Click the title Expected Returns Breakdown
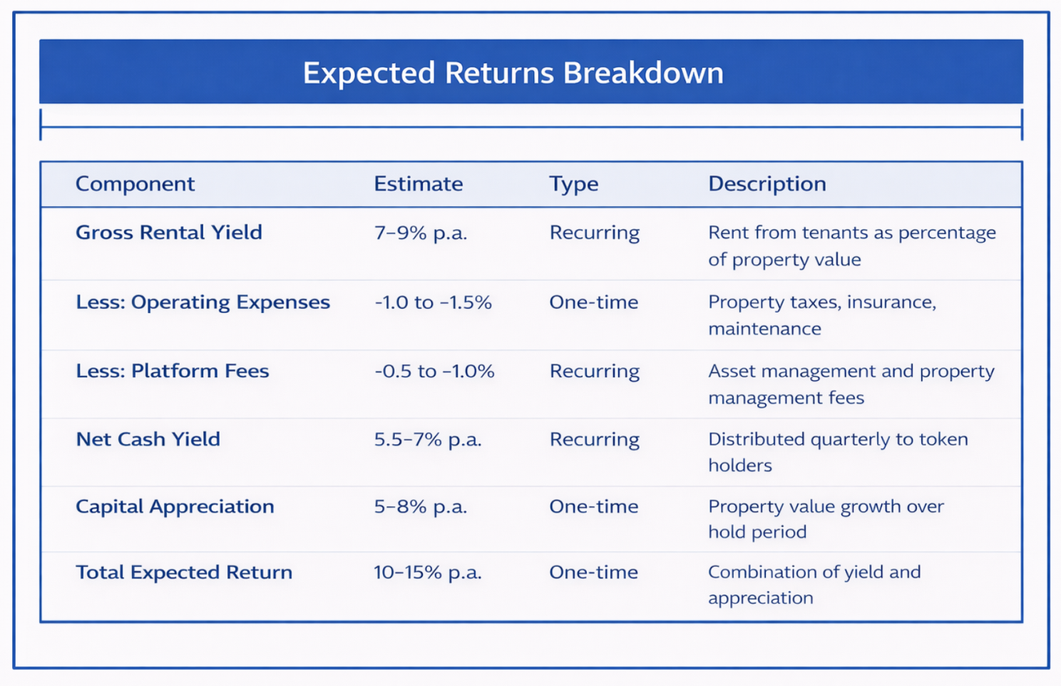click(x=513, y=73)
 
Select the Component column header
click(x=135, y=184)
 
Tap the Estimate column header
click(x=418, y=184)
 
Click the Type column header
click(x=573, y=184)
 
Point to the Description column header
click(x=767, y=184)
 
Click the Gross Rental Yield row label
click(x=169, y=232)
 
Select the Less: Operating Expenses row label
click(x=203, y=302)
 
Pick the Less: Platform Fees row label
click(x=172, y=371)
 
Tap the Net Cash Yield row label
click(x=148, y=439)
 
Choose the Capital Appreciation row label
click(x=175, y=506)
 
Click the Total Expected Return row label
click(x=184, y=572)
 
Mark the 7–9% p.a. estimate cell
click(x=420, y=232)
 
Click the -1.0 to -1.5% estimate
click(x=433, y=302)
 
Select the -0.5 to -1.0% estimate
click(x=434, y=371)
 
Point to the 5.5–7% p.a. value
click(x=427, y=439)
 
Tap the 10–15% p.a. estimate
click(x=427, y=572)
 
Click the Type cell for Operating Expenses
click(x=593, y=302)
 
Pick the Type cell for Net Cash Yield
click(x=594, y=439)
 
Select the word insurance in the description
click(x=891, y=302)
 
